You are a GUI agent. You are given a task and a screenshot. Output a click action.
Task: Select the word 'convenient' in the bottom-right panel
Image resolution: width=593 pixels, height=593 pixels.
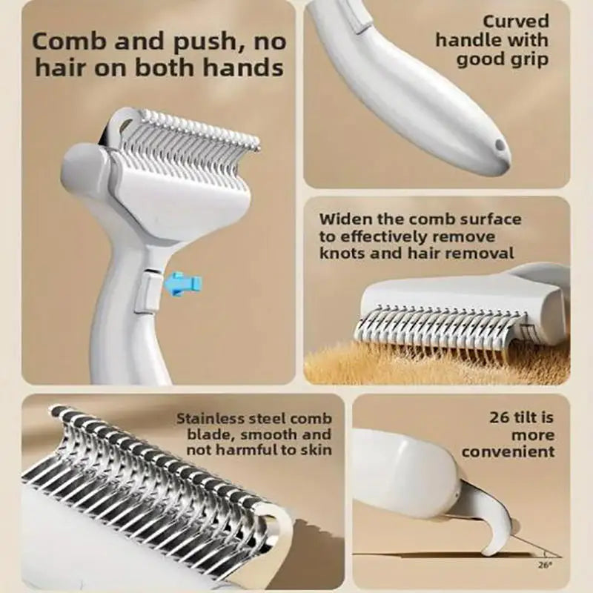tap(508, 451)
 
